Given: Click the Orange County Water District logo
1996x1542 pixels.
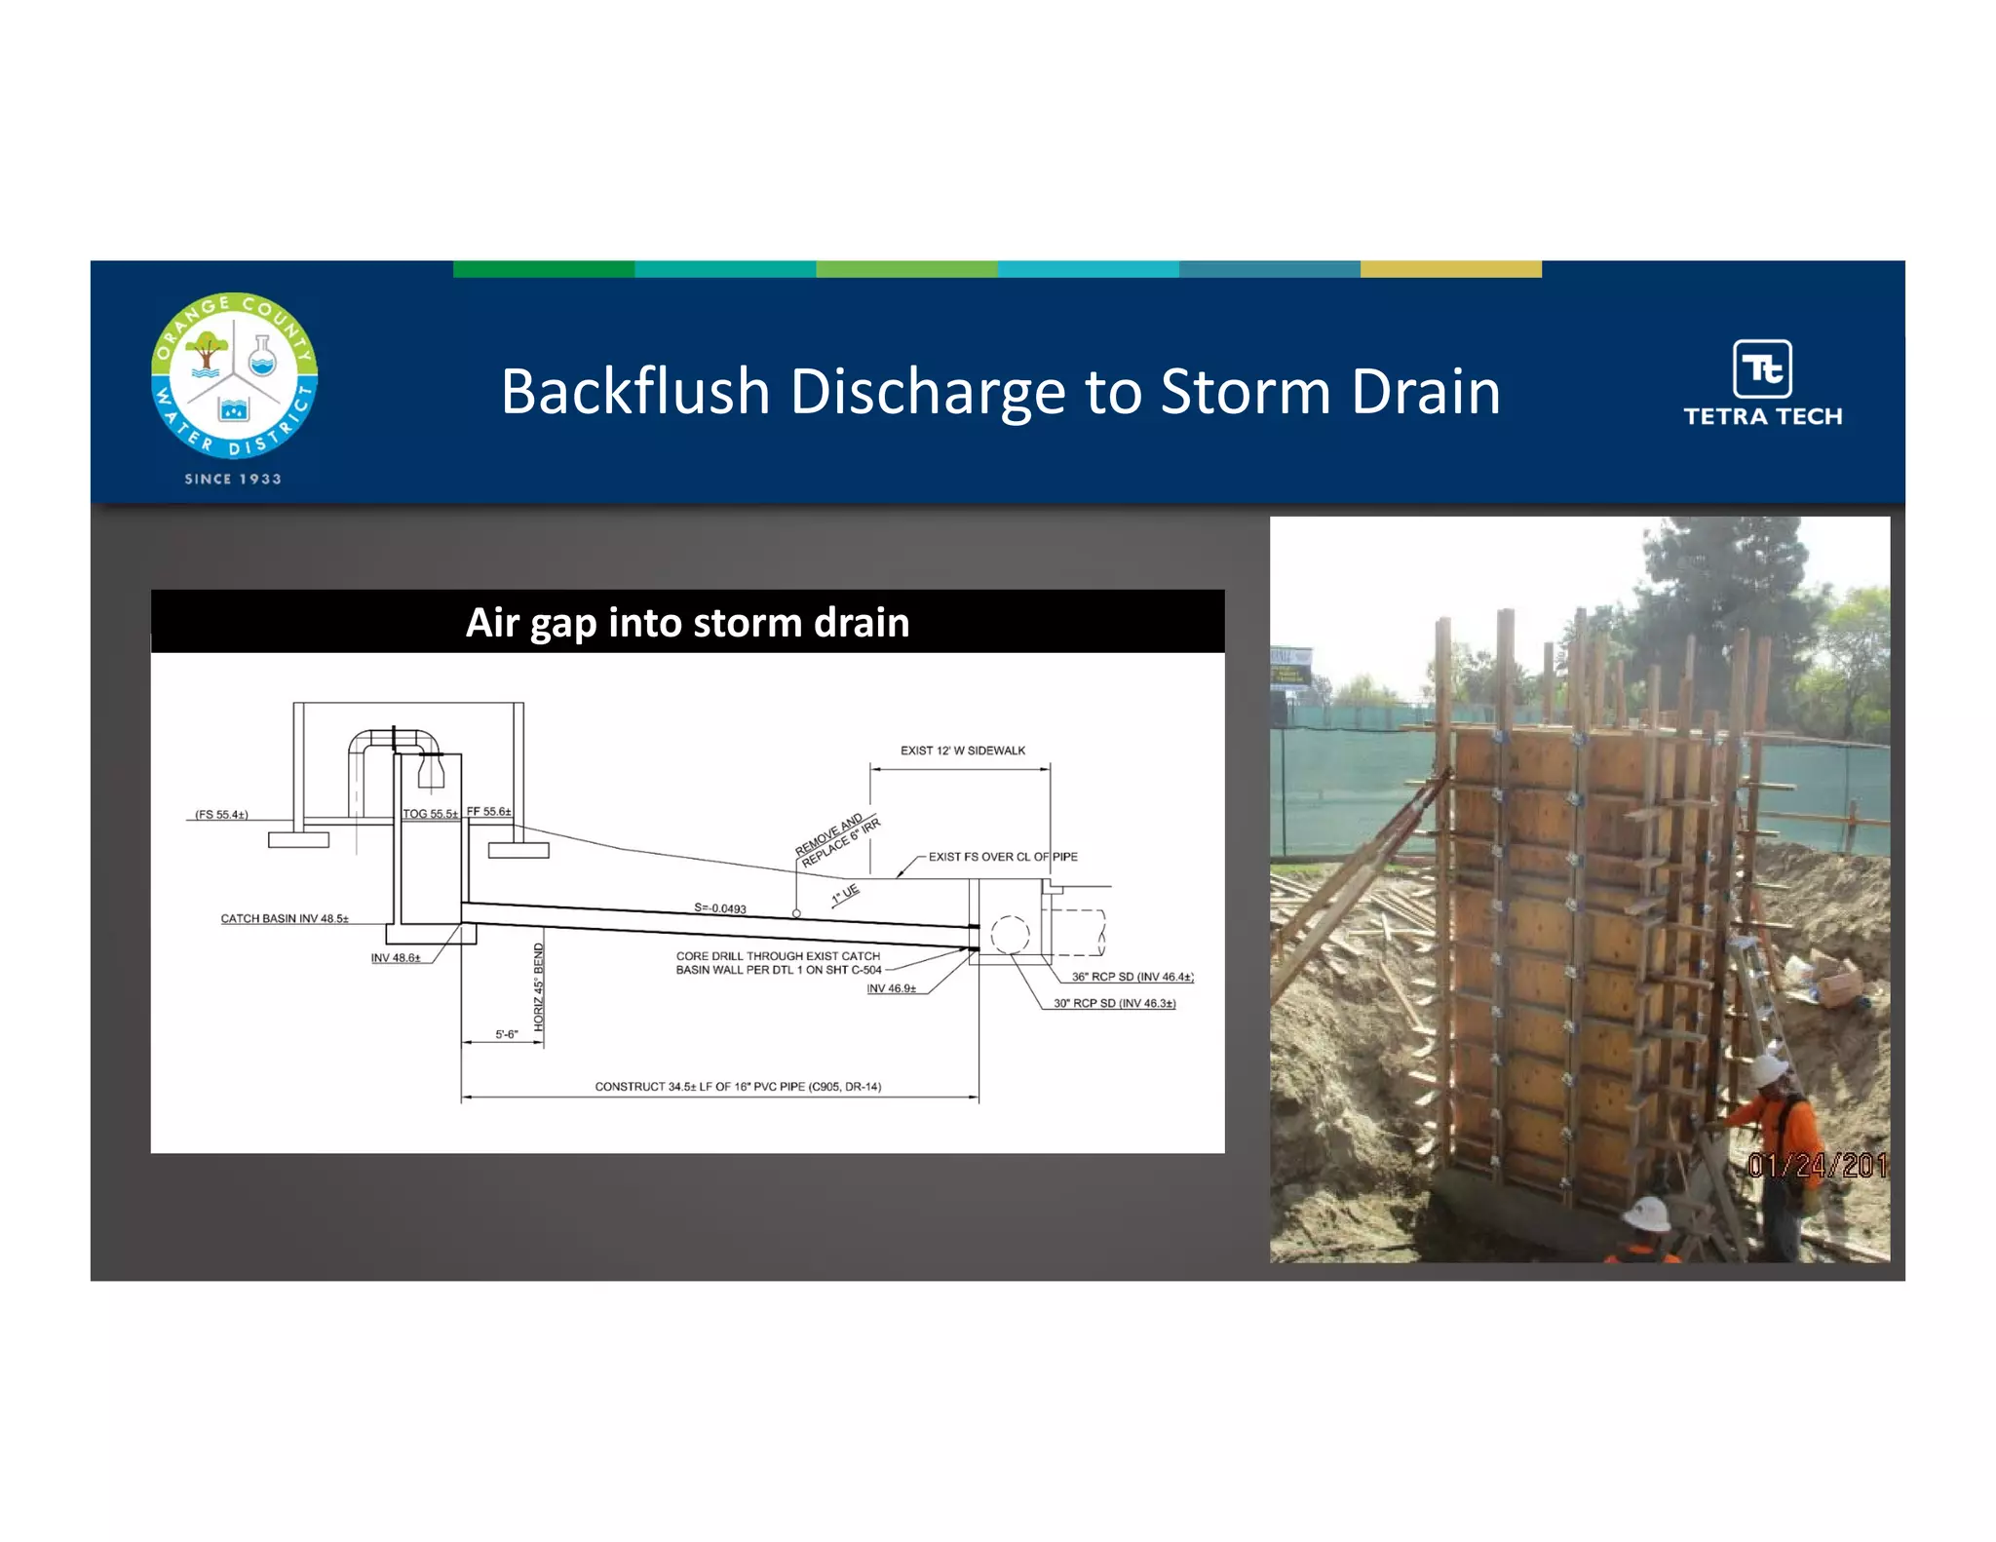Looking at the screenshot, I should tap(234, 375).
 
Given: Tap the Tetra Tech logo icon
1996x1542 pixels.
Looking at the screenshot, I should tap(1762, 368).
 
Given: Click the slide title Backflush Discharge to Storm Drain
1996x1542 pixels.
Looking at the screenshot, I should tap(1000, 392).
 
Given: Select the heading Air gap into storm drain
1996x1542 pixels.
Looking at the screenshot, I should tap(687, 623).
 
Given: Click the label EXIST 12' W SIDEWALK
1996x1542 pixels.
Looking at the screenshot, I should tap(962, 751).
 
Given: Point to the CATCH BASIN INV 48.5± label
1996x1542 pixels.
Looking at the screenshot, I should tap(285, 918).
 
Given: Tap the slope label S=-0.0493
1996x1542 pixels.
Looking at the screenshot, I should tap(720, 908).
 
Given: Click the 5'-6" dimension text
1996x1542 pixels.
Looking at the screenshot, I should tap(507, 1034).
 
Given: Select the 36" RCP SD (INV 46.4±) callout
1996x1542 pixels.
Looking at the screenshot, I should tap(1132, 977).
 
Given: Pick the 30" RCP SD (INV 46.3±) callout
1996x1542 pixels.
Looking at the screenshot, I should tap(1114, 1003).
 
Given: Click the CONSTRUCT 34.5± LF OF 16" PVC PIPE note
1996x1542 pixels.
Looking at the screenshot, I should tap(738, 1086).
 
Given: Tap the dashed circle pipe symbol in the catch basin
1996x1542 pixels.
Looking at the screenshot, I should tap(1010, 935).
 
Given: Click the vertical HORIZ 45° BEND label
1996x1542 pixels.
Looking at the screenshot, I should tap(539, 986).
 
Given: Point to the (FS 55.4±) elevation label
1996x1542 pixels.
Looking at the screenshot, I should tap(221, 814).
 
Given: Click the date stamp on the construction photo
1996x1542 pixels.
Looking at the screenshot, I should tap(1817, 1166).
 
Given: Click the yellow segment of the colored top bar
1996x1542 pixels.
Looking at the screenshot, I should tap(1450, 269).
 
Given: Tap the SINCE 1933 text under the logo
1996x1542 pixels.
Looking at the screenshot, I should tap(233, 479).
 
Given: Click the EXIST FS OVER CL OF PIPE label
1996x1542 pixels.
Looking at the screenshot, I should tap(1003, 857).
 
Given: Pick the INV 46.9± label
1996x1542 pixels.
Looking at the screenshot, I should tap(891, 988).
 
